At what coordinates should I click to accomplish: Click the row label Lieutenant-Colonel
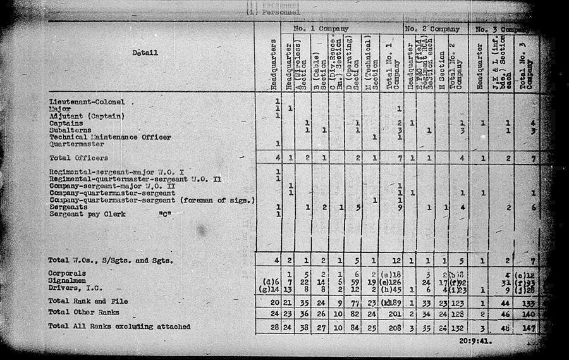tap(87, 102)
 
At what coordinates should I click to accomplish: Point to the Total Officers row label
tap(78, 158)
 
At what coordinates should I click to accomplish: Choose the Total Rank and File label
tap(86, 301)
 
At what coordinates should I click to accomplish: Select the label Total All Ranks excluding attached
tap(119, 326)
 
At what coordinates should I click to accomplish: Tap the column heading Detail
tap(145, 53)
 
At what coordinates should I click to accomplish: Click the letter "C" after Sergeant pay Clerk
tap(167, 214)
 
